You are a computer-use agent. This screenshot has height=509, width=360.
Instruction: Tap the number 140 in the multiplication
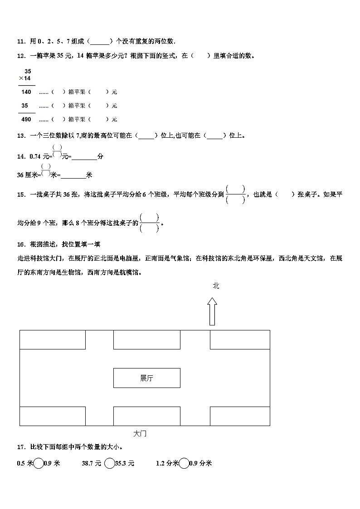click(x=26, y=92)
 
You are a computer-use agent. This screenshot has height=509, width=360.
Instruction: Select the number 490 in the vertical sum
click(x=26, y=119)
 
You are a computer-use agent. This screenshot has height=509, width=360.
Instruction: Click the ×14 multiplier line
click(x=27, y=79)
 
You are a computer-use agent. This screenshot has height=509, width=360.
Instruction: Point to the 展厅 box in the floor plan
click(x=146, y=378)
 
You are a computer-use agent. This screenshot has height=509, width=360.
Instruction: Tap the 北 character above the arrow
click(x=216, y=286)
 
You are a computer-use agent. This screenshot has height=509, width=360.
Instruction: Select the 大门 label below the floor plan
click(x=140, y=434)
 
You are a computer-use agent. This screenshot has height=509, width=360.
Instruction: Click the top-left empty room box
click(x=53, y=340)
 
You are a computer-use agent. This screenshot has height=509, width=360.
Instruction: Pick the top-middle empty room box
click(x=146, y=340)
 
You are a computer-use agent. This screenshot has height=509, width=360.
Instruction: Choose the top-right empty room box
click(x=240, y=340)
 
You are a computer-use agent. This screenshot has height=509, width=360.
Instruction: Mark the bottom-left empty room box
click(x=53, y=416)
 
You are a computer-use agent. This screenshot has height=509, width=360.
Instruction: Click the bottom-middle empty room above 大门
click(x=146, y=416)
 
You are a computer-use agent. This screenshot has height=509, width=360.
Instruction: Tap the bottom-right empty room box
click(x=240, y=416)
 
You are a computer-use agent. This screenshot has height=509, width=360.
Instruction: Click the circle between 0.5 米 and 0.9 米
click(x=39, y=463)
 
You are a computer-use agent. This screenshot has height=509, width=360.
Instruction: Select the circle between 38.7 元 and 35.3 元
click(x=109, y=463)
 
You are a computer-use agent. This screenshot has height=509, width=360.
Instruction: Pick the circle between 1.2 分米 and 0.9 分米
click(x=184, y=463)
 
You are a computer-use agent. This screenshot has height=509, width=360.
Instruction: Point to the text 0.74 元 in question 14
click(x=39, y=156)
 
